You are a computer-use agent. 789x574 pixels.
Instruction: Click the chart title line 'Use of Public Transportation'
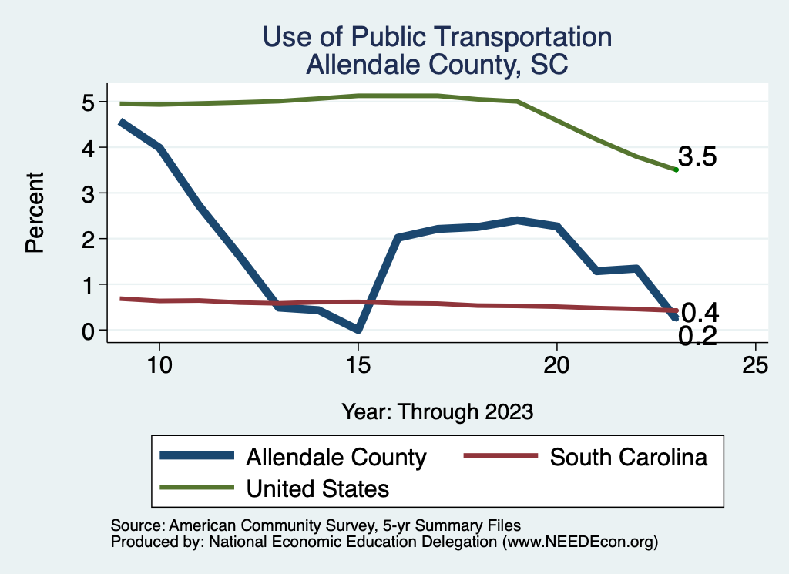coord(437,37)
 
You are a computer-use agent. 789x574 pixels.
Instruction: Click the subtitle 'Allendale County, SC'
coord(437,64)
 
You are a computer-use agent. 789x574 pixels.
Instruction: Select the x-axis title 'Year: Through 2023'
coord(437,411)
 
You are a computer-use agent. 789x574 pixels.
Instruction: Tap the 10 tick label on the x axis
coord(159,365)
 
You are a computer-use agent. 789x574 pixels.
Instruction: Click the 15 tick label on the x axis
coord(358,365)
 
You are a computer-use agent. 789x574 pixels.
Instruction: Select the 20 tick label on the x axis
coord(556,365)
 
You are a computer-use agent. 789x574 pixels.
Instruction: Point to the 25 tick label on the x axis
coord(755,365)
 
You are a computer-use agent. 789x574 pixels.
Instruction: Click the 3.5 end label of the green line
coord(698,157)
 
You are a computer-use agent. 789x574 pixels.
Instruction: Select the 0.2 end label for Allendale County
coord(698,336)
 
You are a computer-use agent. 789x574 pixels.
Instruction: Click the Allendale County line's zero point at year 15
coord(358,330)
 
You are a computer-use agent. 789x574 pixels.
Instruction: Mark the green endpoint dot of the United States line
coord(676,170)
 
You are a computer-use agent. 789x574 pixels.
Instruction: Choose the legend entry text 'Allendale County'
coord(336,457)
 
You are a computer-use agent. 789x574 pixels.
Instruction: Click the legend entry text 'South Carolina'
coord(628,457)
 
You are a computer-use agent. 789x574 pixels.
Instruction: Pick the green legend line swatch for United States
coord(196,488)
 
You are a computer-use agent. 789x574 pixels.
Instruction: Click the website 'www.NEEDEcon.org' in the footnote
coord(579,542)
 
